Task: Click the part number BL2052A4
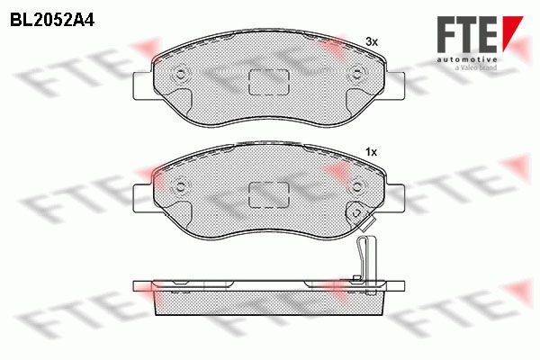coord(52,21)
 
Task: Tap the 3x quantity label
coord(372,42)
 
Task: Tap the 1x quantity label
coord(371,152)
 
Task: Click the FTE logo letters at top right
coord(466,35)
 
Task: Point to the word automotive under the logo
coord(467,59)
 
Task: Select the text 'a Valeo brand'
coord(476,67)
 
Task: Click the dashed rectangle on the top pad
coord(268,82)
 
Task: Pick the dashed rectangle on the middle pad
coord(268,195)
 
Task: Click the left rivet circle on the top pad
coord(180,74)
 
